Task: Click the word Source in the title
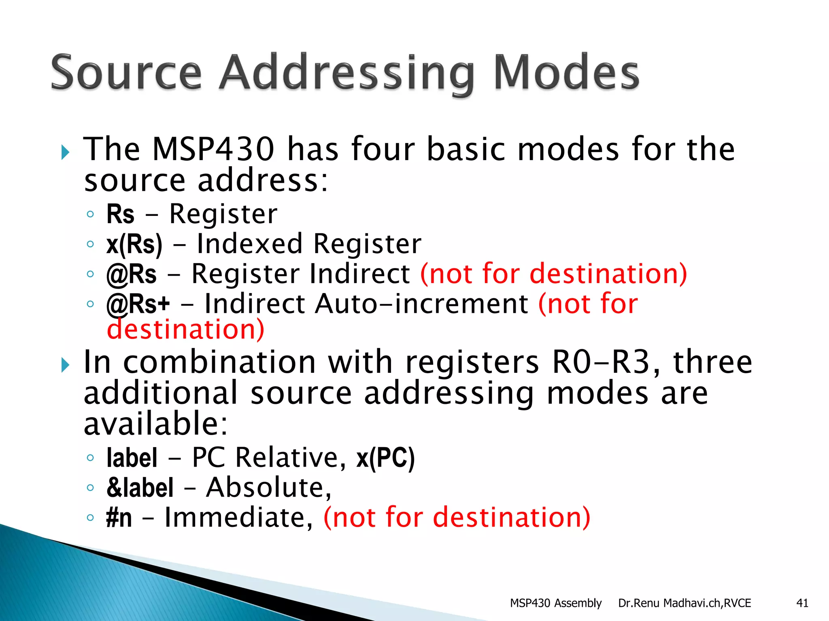pos(126,73)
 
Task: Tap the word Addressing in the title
pos(346,75)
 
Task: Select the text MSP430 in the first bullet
pos(213,149)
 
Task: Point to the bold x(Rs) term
pos(134,244)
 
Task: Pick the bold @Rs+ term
pos(138,304)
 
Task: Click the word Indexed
pos(249,244)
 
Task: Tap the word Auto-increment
pos(421,304)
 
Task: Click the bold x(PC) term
pos(385,458)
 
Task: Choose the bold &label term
pos(140,488)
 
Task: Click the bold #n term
pos(119,517)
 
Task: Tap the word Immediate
pos(238,517)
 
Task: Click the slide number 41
pos(802,603)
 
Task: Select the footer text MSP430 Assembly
pos(555,603)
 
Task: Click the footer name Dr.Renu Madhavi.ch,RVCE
pos(684,603)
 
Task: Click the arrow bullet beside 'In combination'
pos(65,365)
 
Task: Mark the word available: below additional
pos(156,424)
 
